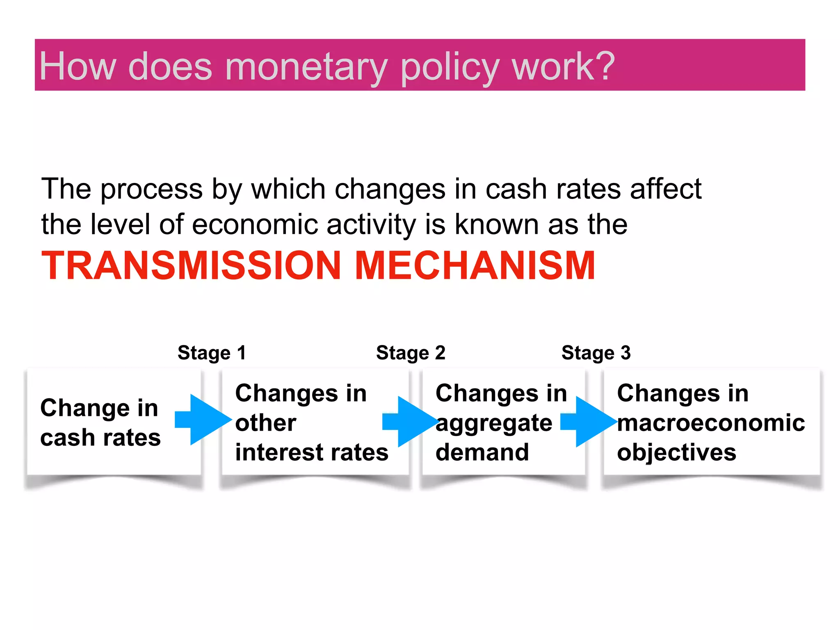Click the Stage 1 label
point(212,353)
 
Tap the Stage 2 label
point(411,353)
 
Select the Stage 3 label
point(596,353)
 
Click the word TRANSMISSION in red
point(191,266)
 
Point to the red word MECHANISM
point(475,266)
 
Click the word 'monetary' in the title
point(306,67)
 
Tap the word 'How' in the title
point(78,67)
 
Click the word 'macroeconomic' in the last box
point(711,423)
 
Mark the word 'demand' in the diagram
point(482,452)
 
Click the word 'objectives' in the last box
point(677,453)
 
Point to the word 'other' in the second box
point(265,423)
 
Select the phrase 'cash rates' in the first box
point(100,438)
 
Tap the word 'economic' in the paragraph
point(255,225)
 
